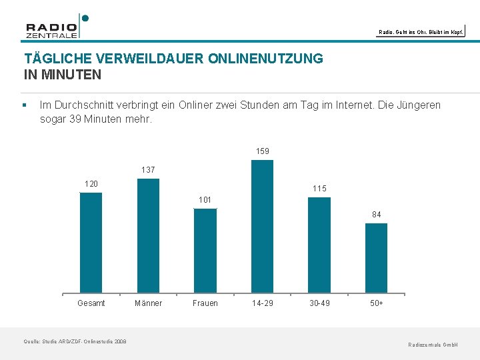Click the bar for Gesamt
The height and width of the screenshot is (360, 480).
[x=91, y=243]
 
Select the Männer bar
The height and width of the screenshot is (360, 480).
[x=148, y=236]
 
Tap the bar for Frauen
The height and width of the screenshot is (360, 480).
[x=205, y=251]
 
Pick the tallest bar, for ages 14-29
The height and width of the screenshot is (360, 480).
[x=263, y=227]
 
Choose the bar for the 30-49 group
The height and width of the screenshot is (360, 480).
[x=319, y=245]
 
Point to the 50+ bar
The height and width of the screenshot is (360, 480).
[x=376, y=258]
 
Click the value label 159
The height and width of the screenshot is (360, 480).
[x=263, y=151]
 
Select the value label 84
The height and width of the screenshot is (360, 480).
[x=377, y=215]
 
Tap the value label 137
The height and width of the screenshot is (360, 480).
[x=148, y=170]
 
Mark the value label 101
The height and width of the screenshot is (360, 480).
[x=205, y=200]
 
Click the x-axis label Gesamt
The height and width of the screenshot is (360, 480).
[x=91, y=303]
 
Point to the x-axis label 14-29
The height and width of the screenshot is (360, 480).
[x=263, y=303]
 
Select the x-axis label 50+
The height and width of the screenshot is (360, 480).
[x=377, y=303]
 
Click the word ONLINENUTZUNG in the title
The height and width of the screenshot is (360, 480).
[x=265, y=59]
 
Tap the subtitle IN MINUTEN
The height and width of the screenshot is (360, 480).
[x=63, y=75]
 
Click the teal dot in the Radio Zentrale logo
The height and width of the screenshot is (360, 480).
[x=85, y=19]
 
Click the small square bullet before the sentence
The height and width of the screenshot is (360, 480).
[x=25, y=105]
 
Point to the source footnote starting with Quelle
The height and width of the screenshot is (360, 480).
[x=75, y=341]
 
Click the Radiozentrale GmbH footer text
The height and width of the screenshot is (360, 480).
[x=433, y=345]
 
